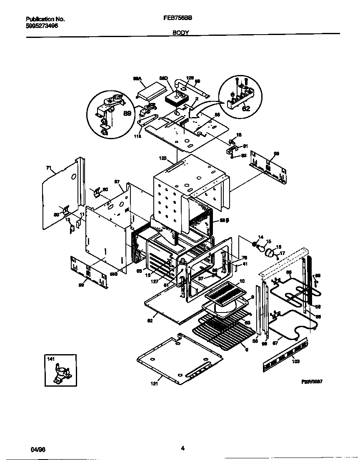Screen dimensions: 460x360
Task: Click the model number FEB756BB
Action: pos(180,19)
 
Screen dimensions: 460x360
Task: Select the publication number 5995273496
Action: pos(42,25)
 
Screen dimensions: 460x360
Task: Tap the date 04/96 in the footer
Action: pos(37,450)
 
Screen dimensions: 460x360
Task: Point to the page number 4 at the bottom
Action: pos(182,448)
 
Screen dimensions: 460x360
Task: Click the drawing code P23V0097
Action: pos(312,381)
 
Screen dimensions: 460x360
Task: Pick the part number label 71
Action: pos(48,168)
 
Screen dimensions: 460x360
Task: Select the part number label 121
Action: pos(154,384)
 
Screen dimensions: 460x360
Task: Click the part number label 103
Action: pos(295,361)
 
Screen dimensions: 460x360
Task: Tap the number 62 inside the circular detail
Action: pos(246,110)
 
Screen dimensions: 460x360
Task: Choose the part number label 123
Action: pos(162,158)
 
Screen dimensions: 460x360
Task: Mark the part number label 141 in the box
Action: pos(51,359)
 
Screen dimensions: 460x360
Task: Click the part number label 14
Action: pos(261,237)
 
